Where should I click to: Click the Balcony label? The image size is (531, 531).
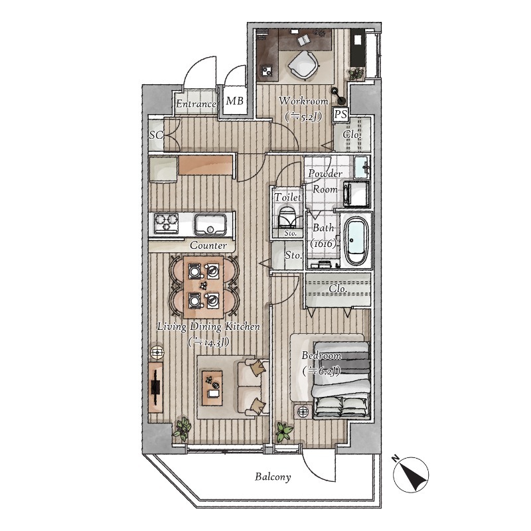[273, 477]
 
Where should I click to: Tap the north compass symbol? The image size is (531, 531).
[411, 475]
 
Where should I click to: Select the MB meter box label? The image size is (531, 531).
[235, 101]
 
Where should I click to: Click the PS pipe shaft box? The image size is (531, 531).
[341, 114]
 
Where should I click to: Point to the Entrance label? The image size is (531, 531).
[196, 104]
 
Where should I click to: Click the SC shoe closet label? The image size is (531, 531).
[157, 135]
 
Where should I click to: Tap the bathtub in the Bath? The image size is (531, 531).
[356, 240]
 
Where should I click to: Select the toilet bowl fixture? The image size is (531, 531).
[287, 217]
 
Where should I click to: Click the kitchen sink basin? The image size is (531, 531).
[210, 224]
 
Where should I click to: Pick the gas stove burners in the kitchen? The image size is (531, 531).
[167, 223]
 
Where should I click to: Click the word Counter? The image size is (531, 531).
[208, 245]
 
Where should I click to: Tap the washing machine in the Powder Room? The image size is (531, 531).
[356, 194]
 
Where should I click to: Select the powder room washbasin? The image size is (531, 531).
[362, 167]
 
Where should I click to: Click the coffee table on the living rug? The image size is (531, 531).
[212, 388]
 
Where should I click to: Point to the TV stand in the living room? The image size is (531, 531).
[155, 387]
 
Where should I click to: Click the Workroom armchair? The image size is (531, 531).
[303, 65]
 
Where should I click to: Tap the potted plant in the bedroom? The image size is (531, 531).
[284, 431]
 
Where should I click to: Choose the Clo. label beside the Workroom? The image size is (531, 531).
[352, 135]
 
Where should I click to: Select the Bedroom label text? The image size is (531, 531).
[321, 356]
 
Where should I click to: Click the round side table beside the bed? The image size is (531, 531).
[303, 412]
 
